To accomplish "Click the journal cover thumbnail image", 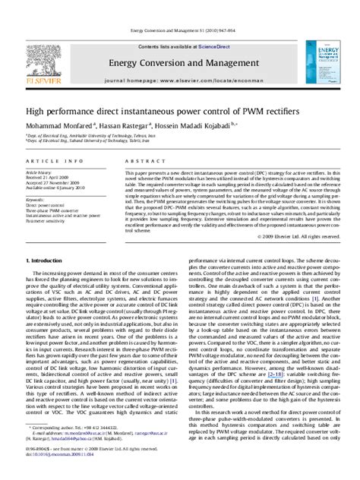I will [325, 62].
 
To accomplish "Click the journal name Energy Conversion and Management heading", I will [180, 61].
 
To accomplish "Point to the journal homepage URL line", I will [180, 78].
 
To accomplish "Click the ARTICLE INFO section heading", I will [50, 162].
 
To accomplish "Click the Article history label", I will [43, 172].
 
